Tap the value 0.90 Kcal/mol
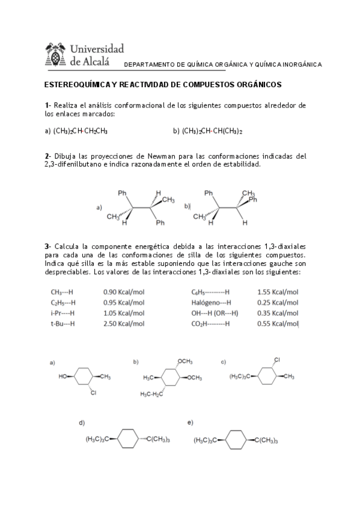tap(124, 292)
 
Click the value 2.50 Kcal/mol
tap(124, 323)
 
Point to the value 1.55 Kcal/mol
tap(278, 292)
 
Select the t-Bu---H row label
tap(63, 323)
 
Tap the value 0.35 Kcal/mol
tap(278, 313)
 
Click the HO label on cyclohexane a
tap(63, 377)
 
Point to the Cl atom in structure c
tap(277, 360)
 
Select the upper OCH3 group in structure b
tap(185, 361)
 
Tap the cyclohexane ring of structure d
tap(127, 438)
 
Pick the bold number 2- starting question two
tap(48, 156)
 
